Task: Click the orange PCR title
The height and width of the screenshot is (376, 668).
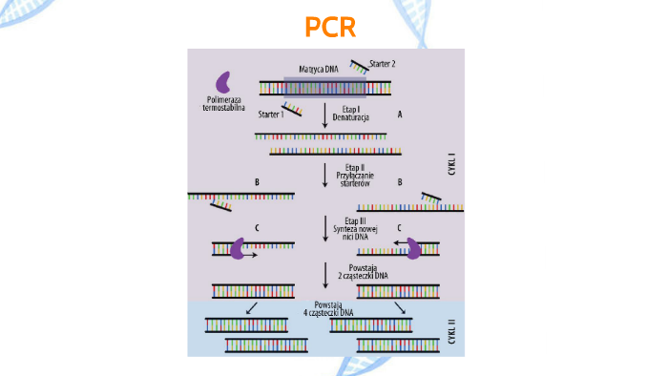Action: (x=330, y=27)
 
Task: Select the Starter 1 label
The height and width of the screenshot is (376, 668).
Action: (x=271, y=115)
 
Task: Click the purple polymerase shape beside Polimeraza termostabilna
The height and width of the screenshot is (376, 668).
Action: (x=225, y=83)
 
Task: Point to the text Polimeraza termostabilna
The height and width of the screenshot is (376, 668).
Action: (x=224, y=103)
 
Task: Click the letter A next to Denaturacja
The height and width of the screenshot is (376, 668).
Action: (x=400, y=114)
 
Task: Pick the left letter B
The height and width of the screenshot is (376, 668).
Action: (x=257, y=180)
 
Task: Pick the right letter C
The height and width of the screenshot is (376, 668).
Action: (x=398, y=228)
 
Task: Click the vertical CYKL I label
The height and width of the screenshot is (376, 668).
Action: (x=451, y=162)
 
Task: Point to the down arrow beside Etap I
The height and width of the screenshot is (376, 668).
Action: (x=325, y=115)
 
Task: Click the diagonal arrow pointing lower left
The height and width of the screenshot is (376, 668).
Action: (x=251, y=308)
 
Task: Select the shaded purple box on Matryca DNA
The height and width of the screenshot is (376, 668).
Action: (x=324, y=87)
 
